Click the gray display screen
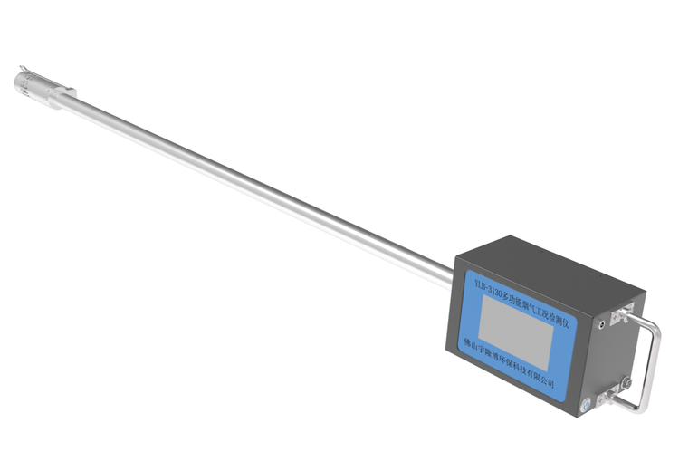click(516, 332)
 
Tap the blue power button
click(586, 407)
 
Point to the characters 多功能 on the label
click(510, 299)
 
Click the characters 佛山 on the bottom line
click(469, 343)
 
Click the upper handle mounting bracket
click(621, 313)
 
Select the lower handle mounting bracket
click(607, 397)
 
